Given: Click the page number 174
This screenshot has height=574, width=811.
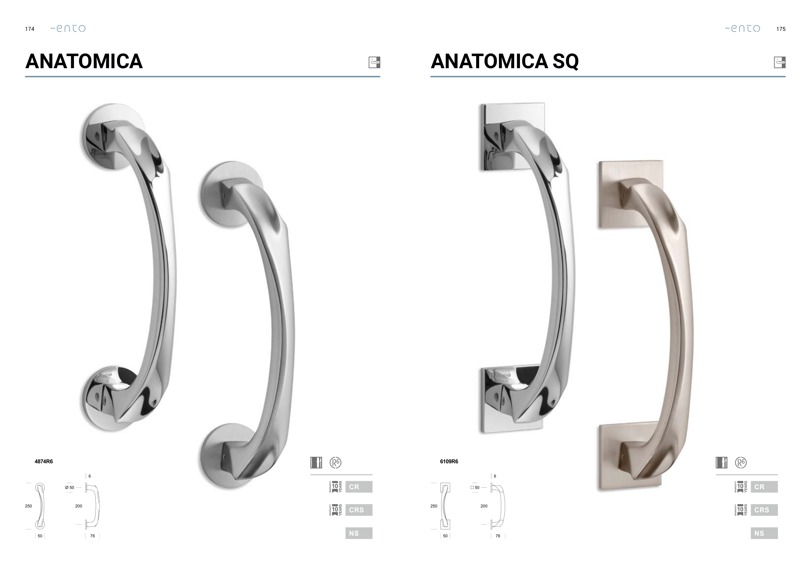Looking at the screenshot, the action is click(30, 29).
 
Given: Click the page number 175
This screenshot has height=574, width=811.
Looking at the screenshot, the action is click(781, 29).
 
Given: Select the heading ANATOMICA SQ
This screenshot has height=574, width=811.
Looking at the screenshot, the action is click(504, 61).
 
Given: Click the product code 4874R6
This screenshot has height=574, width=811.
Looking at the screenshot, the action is click(44, 461).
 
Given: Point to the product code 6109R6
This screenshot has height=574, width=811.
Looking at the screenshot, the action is click(449, 461).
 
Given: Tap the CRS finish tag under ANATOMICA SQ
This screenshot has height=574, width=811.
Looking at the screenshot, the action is click(764, 510).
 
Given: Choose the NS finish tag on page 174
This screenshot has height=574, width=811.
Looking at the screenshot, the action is click(359, 533).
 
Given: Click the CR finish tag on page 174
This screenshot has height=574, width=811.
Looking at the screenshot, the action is click(359, 487).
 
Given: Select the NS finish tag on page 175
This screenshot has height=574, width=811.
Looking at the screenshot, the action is click(764, 533).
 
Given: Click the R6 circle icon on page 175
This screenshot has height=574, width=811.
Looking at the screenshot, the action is click(741, 462).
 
